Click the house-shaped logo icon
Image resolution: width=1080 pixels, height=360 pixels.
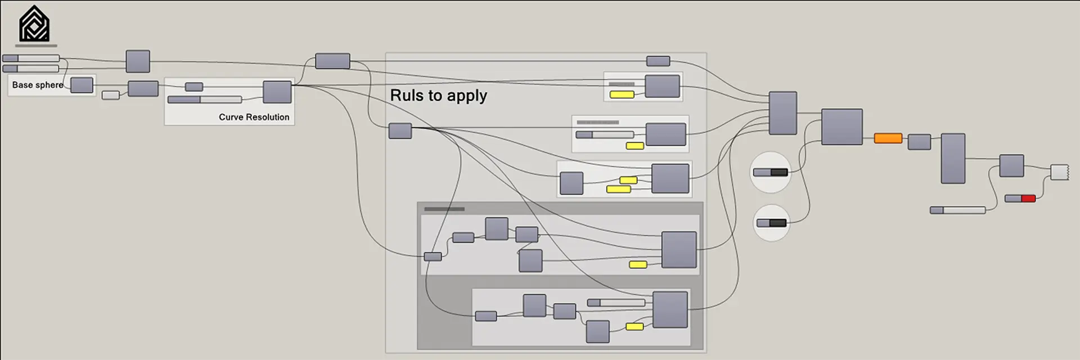[x=34, y=24]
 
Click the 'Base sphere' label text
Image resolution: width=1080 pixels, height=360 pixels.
[x=38, y=85]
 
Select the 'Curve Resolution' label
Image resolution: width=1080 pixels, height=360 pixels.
[x=254, y=117]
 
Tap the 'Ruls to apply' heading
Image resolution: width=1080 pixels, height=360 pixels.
[x=438, y=96]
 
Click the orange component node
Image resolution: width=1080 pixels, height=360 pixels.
[x=888, y=138]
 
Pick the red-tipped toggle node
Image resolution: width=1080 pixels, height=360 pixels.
[x=1020, y=199]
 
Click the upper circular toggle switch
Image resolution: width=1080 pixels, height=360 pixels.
[x=770, y=172]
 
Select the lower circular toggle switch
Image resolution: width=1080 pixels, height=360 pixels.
[x=771, y=223]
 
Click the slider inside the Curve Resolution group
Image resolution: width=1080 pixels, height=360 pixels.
[x=205, y=100]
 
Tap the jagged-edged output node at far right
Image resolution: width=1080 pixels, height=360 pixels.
[x=1059, y=172]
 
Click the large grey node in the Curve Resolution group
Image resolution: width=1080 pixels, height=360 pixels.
[x=277, y=92]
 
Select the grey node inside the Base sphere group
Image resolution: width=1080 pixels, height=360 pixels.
[x=82, y=85]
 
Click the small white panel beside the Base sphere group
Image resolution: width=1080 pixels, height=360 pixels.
[x=110, y=95]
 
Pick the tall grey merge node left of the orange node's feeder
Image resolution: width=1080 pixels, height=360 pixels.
[x=782, y=113]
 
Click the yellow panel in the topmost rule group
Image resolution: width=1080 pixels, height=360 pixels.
[x=622, y=94]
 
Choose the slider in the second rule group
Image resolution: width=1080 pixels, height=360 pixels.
[x=605, y=135]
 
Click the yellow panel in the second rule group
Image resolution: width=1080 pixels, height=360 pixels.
[x=634, y=146]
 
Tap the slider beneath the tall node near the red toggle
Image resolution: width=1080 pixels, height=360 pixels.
[x=957, y=210]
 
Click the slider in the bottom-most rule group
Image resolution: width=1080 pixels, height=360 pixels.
[x=616, y=303]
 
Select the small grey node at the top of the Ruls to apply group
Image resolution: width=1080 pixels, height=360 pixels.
[x=658, y=61]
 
